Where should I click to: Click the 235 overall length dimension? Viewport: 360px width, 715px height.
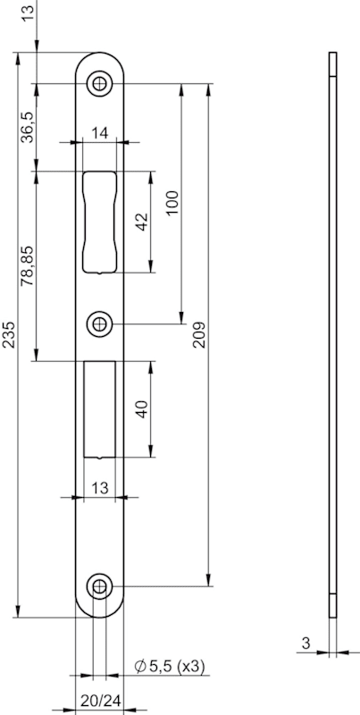tap(10, 334)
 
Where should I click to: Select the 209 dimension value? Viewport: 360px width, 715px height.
tap(199, 334)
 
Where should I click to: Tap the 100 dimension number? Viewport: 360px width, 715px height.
tap(172, 204)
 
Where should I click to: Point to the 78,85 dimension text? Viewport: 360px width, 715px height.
tap(28, 265)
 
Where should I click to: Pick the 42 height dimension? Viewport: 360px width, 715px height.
tap(143, 222)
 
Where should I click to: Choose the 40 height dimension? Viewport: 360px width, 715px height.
tap(143, 409)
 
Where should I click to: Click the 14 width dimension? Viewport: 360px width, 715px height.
tap(99, 133)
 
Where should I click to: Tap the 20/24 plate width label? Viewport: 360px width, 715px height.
tap(100, 701)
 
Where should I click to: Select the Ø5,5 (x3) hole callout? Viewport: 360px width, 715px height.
tap(170, 667)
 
